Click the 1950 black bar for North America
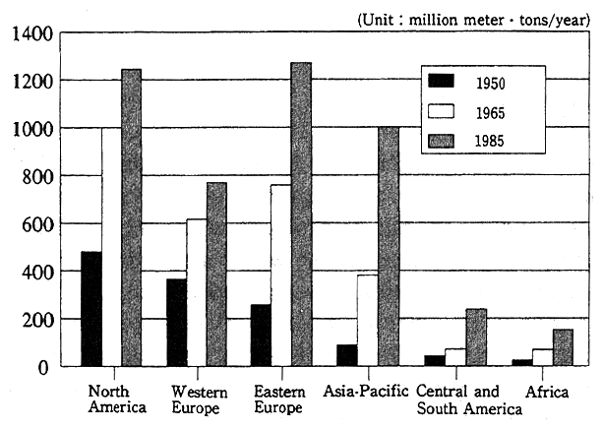[x=91, y=309]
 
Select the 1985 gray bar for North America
[x=132, y=217]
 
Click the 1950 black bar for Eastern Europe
[x=261, y=336]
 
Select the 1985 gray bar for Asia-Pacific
[x=387, y=246]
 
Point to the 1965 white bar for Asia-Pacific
[x=366, y=321]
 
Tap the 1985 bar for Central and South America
[x=476, y=337]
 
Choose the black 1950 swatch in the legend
[x=442, y=82]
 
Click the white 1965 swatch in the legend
[x=442, y=110]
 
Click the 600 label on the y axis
[x=32, y=224]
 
